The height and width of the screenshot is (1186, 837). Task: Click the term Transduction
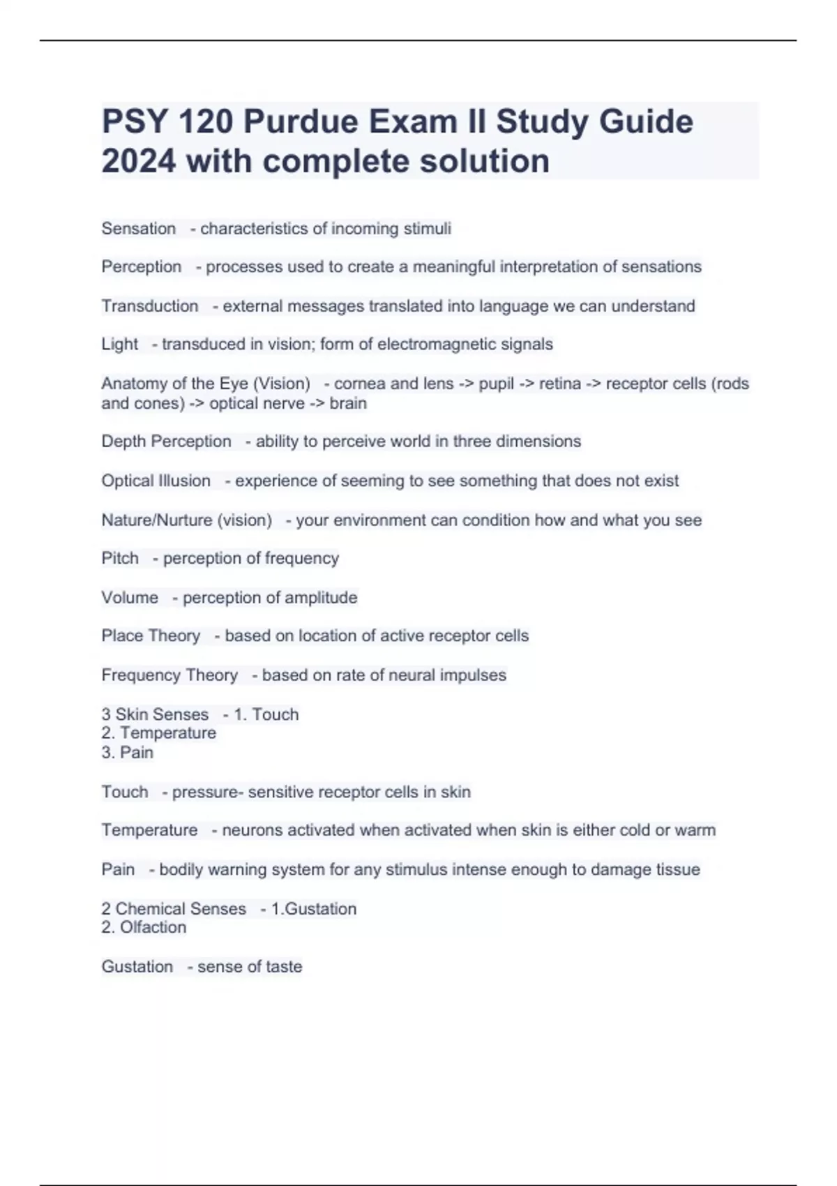(x=150, y=306)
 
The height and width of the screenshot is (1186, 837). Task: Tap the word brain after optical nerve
(x=348, y=404)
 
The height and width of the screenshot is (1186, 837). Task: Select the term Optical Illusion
(x=156, y=481)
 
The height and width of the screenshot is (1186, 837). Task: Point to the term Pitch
(x=120, y=559)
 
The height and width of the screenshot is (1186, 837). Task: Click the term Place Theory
(x=151, y=636)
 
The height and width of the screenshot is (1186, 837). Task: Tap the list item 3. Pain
(x=127, y=753)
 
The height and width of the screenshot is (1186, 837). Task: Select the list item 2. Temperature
(x=158, y=733)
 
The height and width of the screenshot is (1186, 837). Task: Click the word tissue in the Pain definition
(x=680, y=870)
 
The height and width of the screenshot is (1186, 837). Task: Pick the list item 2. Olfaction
(x=144, y=928)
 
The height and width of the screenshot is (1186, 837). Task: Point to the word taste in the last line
(x=284, y=967)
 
